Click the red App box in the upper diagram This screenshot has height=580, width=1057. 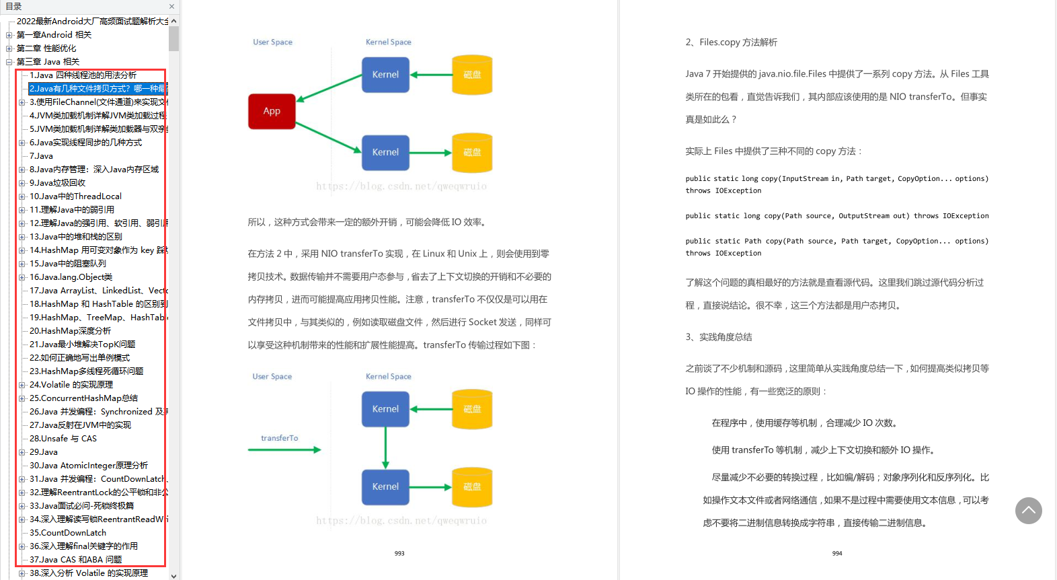point(272,111)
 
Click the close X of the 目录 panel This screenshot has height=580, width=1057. point(171,7)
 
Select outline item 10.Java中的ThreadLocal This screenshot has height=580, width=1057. point(75,196)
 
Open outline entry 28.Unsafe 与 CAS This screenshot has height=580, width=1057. point(63,439)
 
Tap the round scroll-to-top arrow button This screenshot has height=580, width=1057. point(1028,511)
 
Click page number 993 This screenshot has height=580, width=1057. point(399,553)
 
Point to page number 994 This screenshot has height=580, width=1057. point(837,553)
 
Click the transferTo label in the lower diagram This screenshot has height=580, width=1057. point(280,438)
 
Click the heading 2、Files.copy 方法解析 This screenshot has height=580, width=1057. point(731,42)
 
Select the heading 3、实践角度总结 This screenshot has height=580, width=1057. point(718,337)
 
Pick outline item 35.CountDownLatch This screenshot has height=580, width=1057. point(68,533)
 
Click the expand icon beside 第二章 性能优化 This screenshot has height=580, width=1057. point(9,48)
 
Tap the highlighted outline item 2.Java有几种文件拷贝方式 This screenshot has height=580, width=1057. point(97,89)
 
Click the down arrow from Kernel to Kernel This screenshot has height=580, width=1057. point(385,448)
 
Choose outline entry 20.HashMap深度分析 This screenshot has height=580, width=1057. point(71,331)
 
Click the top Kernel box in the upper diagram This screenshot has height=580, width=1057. point(385,75)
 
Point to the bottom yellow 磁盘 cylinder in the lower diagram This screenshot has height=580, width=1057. point(472,487)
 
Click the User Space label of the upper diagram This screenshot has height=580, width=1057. point(272,42)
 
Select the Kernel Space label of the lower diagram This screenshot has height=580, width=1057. point(388,377)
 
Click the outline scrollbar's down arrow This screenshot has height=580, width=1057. point(173,575)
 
